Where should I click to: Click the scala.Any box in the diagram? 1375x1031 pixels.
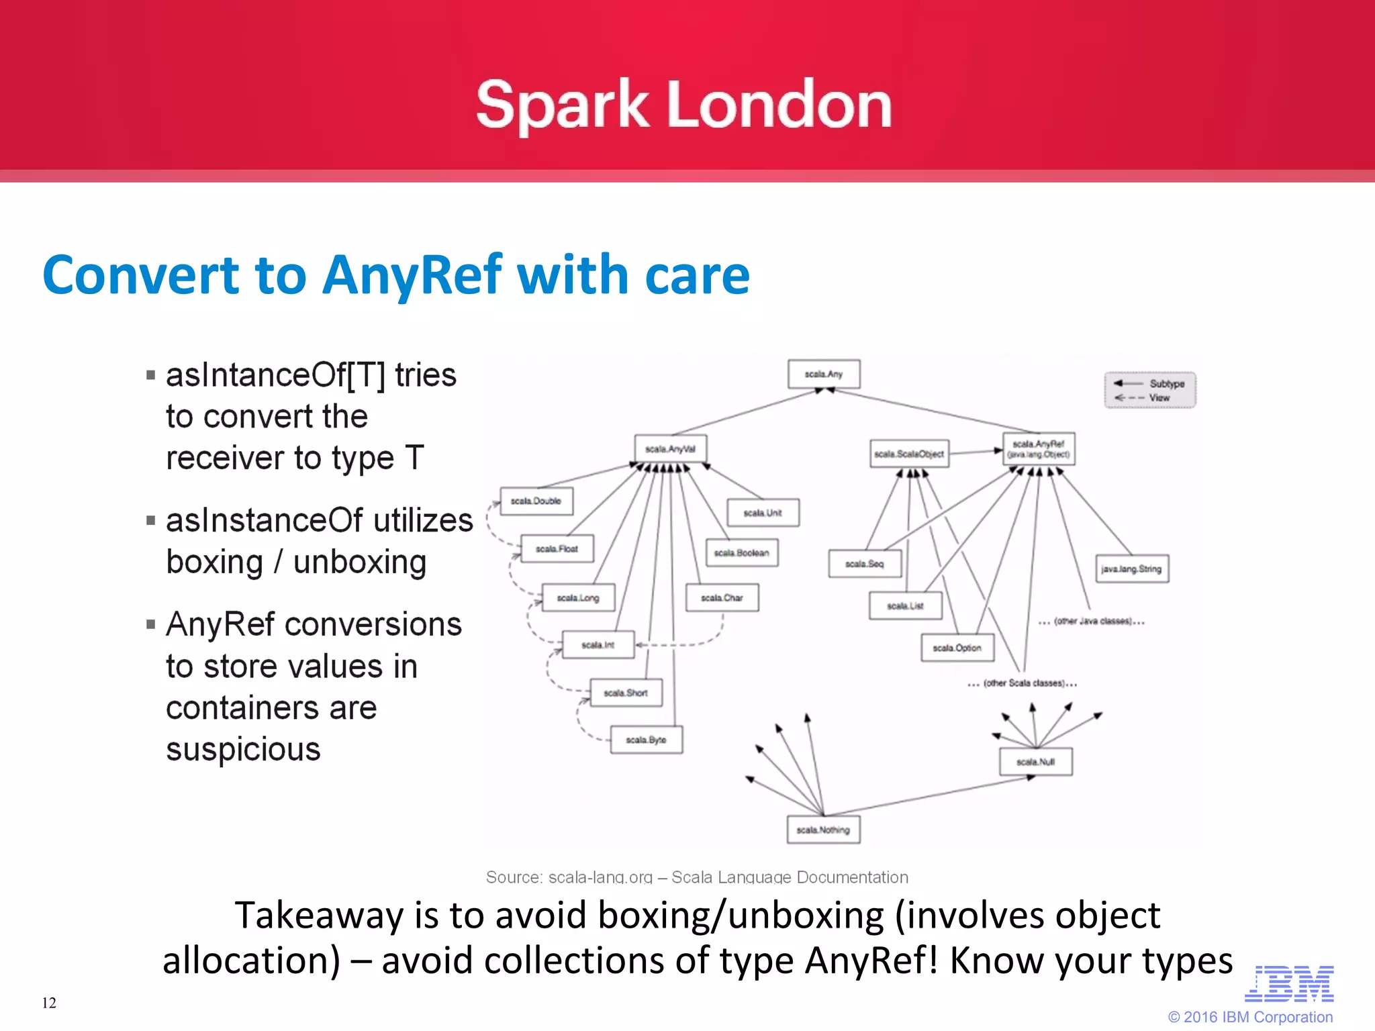824,374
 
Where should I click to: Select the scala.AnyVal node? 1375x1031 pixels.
670,449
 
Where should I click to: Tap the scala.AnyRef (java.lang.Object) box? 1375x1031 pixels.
1039,449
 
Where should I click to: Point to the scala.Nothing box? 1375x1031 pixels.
823,830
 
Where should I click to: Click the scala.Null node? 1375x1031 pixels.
1035,762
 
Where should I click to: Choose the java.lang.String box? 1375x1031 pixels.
1131,569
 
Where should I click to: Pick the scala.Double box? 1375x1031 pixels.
536,501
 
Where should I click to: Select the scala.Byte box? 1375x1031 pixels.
646,740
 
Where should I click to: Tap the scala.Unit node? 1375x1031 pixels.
763,513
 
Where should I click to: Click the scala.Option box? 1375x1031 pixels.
957,648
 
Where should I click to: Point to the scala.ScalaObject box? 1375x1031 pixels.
909,454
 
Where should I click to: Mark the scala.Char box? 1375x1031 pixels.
722,597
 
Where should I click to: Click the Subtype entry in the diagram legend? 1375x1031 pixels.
1166,383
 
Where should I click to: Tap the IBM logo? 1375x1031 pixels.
1289,984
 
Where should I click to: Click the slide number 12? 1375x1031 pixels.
49,1003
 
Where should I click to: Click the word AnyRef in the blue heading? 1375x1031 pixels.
412,275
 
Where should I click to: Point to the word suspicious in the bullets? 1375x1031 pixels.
243,749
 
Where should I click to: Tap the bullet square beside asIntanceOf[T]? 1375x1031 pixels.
150,375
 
